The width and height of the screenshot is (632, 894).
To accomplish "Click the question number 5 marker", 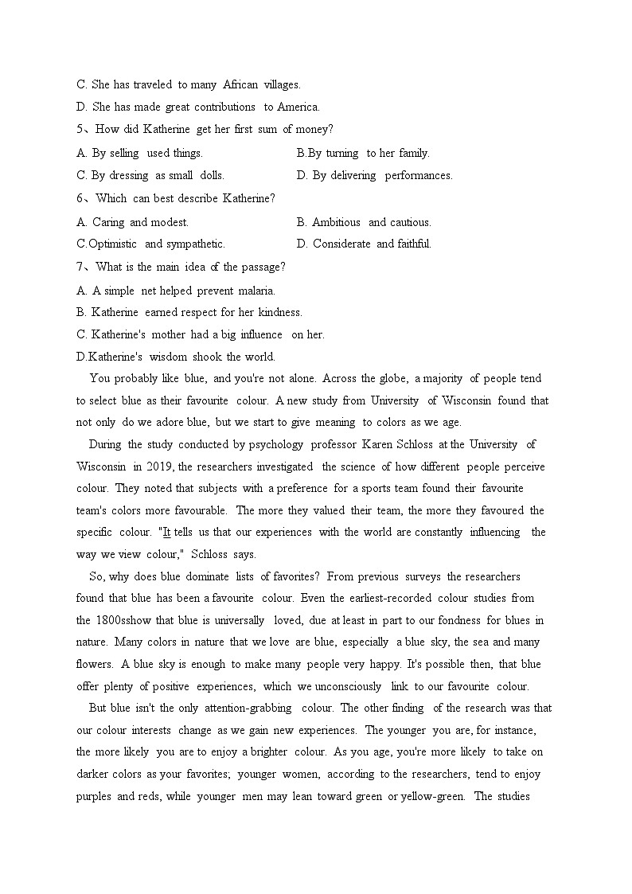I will click(x=80, y=130).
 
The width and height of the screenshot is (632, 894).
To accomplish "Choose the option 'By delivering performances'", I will click(x=374, y=175).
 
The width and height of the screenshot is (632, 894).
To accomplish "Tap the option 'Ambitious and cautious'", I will click(x=364, y=222).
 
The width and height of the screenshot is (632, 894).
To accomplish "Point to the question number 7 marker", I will click(x=80, y=267).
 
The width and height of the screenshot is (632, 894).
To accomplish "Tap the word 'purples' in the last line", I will click(x=95, y=796).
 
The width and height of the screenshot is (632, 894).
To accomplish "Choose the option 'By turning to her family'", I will click(x=363, y=153).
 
